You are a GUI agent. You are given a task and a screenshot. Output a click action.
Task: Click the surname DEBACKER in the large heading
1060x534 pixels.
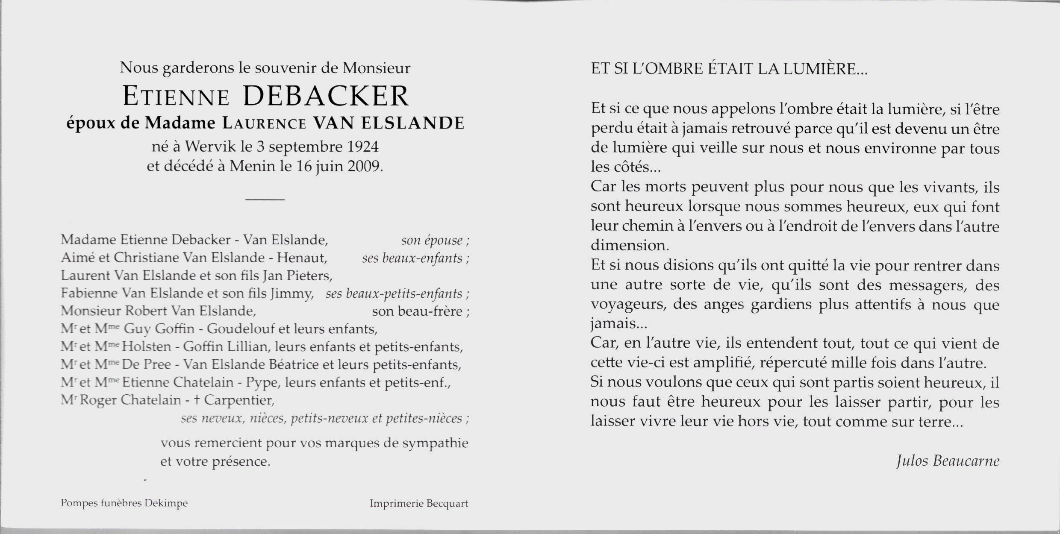pos(326,97)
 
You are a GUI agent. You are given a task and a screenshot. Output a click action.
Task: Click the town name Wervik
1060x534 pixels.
pos(211,147)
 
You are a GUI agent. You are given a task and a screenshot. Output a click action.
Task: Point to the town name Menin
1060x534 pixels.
pos(252,166)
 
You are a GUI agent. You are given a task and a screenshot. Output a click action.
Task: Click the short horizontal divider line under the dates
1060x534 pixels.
pos(265,200)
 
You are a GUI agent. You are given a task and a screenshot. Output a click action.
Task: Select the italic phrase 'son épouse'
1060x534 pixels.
pos(432,241)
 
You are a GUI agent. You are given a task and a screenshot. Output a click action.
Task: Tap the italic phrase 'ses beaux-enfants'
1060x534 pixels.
pos(412,258)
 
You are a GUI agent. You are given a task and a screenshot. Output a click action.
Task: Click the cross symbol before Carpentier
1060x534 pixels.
pos(197,400)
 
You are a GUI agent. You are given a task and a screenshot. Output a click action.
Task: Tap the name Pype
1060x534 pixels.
pos(262,382)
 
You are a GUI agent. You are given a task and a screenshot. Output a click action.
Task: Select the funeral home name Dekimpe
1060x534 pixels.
pos(166,503)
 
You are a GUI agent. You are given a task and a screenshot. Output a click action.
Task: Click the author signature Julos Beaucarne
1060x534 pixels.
pos(948,461)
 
